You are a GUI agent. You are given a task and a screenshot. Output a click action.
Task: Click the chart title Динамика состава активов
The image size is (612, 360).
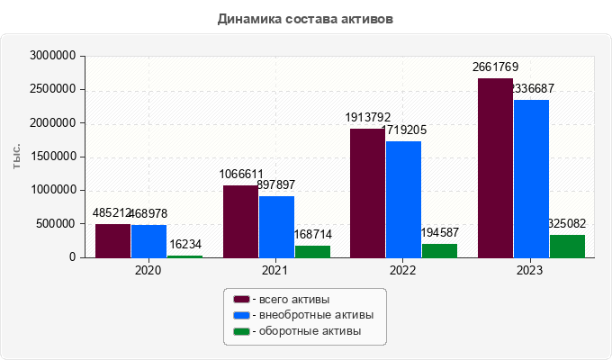point(305,18)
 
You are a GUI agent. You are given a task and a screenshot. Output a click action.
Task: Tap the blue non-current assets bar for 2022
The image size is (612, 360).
point(403,199)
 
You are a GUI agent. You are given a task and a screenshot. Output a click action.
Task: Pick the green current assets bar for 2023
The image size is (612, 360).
point(567,246)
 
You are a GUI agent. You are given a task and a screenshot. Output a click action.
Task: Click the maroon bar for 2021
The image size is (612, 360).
point(240,221)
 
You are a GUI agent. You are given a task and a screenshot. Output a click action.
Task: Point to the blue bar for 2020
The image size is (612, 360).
point(148,241)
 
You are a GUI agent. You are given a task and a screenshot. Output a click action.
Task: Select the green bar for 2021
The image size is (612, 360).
point(312,251)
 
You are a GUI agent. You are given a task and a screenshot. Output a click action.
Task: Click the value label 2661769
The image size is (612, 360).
point(496,67)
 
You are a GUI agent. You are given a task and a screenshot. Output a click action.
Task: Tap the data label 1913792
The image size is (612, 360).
point(368,117)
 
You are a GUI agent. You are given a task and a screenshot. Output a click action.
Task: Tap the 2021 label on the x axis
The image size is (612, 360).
point(276,270)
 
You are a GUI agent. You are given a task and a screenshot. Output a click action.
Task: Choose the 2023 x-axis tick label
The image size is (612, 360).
point(532,270)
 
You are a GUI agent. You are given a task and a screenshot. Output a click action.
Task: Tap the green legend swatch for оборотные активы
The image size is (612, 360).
point(241,331)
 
